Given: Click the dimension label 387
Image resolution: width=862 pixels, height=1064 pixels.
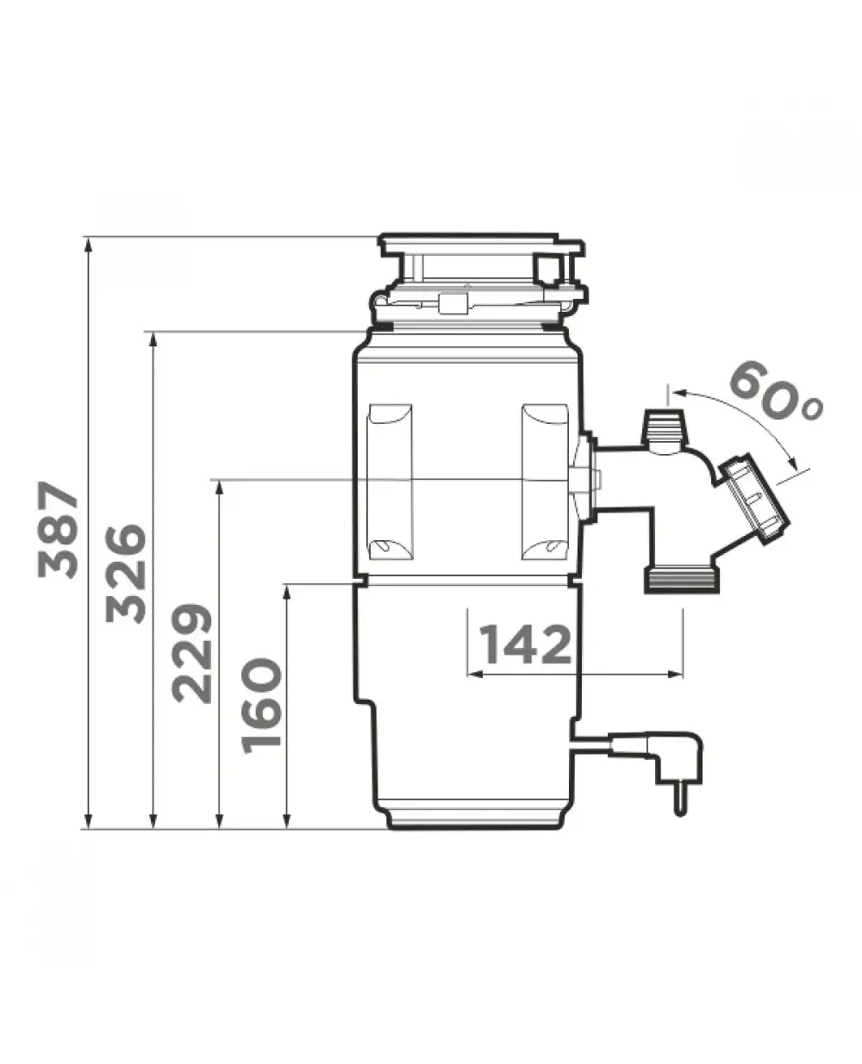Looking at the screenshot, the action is (x=58, y=530).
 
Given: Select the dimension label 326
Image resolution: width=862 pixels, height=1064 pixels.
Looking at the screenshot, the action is (x=126, y=574).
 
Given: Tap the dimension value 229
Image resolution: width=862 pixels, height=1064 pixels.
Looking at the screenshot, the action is (x=192, y=653).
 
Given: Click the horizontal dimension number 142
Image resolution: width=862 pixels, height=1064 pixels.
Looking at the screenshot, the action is (x=525, y=644).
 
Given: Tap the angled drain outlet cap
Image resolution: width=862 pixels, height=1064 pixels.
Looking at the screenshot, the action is (x=754, y=499).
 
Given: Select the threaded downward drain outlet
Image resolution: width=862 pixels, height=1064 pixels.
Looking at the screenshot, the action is (x=682, y=579).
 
